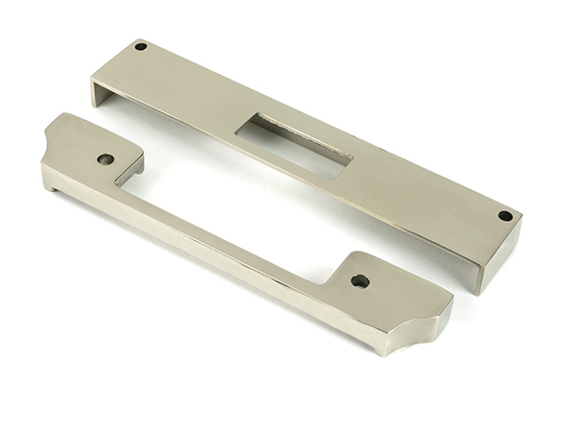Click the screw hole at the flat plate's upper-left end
tap(140, 46)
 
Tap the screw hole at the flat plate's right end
tap(505, 216)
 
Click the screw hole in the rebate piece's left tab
tap(106, 158)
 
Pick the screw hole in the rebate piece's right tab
tap(360, 281)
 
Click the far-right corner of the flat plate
tap(521, 222)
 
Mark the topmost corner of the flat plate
tap(139, 39)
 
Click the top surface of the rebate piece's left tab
tap(91, 144)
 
